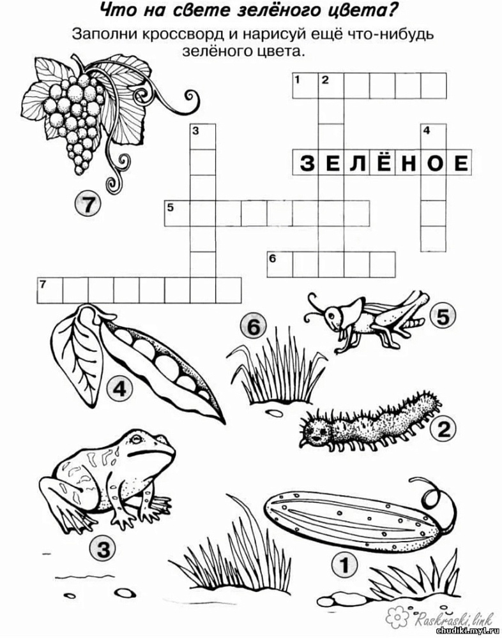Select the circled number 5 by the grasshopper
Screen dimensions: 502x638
pyautogui.click(x=443, y=317)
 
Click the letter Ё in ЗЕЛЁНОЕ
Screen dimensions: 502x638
pyautogui.click(x=383, y=162)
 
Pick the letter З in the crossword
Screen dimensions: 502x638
pyautogui.click(x=307, y=163)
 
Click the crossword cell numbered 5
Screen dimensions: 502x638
pyautogui.click(x=178, y=213)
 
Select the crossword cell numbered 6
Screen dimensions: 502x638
pyautogui.click(x=280, y=265)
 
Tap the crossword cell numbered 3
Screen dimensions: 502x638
pyautogui.click(x=203, y=137)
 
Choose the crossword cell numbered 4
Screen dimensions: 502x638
pyautogui.click(x=434, y=137)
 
